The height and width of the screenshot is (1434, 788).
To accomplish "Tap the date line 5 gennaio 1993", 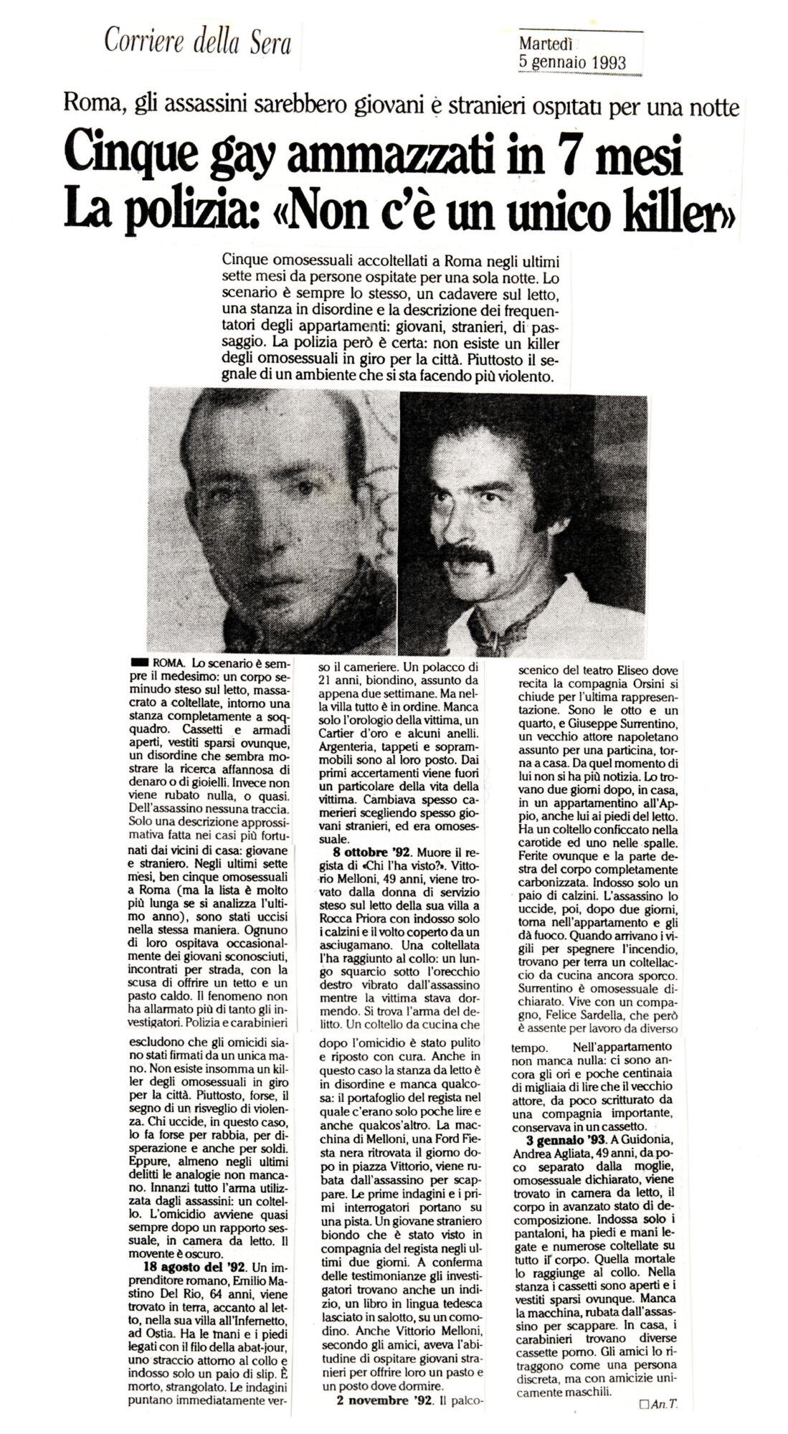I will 572,62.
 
